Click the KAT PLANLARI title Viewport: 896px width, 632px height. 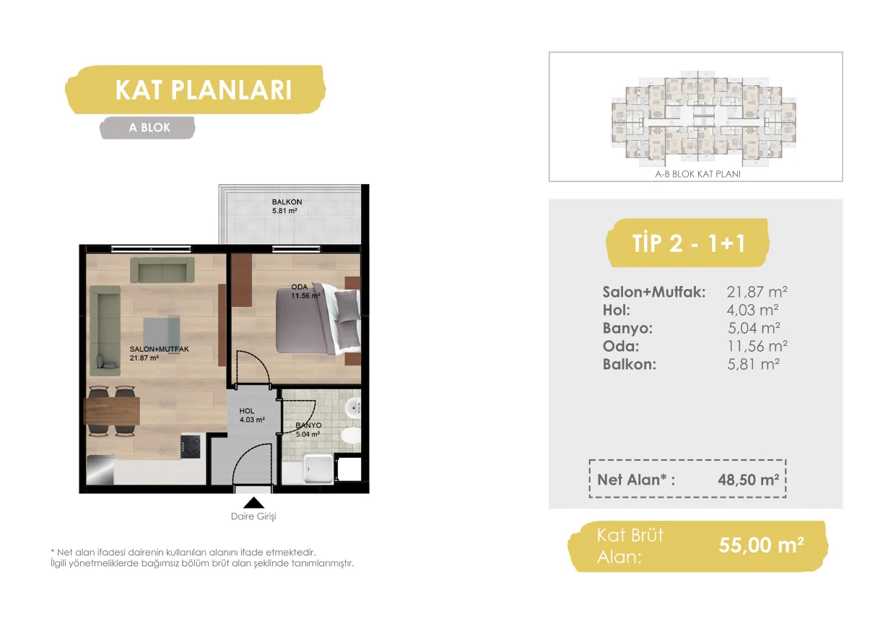pos(204,90)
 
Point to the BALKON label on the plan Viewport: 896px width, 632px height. pos(287,202)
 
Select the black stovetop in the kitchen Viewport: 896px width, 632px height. pos(191,446)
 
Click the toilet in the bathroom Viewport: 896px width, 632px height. pos(351,436)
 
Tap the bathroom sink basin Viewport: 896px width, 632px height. pos(353,408)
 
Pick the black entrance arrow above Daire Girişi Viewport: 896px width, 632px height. pos(253,503)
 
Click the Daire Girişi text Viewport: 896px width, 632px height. pos(253,516)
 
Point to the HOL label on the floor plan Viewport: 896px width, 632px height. pos(247,411)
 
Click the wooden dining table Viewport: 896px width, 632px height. pos(112,411)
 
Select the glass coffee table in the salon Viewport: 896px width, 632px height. pos(162,332)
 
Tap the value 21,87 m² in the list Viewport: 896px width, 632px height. pos(757,292)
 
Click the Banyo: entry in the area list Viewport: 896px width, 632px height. pos(627,328)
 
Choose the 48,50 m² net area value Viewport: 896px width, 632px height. pos(748,480)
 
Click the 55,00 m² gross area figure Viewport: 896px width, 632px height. pos(761,545)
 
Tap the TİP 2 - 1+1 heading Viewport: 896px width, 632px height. pos(688,243)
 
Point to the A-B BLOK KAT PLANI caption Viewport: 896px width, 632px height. pos(697,174)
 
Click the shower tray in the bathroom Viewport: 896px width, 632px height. pos(318,469)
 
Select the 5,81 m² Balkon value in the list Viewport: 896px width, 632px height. pos(753,364)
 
